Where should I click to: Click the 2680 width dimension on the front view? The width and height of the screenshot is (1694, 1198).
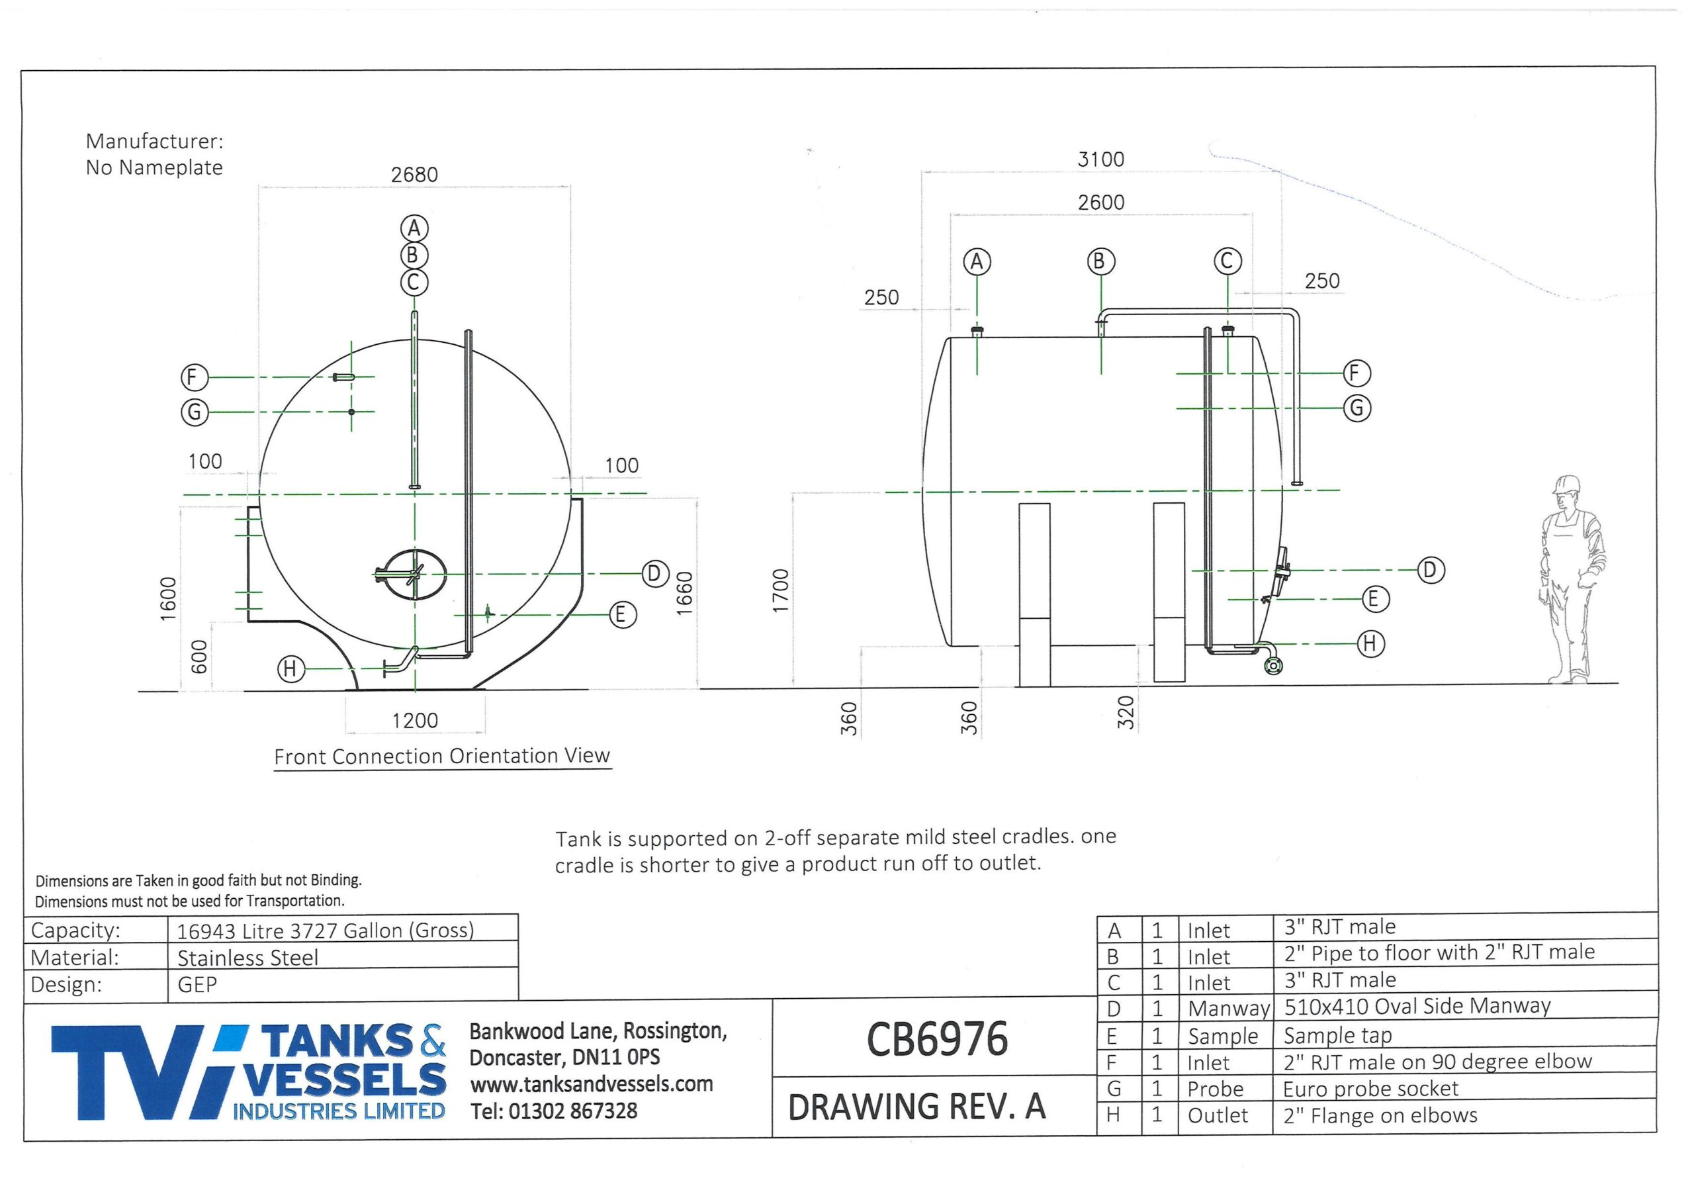(x=414, y=175)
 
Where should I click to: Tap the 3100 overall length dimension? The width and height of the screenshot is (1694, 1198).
(x=1101, y=160)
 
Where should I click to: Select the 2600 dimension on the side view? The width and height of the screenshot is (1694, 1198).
(x=1101, y=203)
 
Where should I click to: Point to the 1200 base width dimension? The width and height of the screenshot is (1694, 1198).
(x=415, y=720)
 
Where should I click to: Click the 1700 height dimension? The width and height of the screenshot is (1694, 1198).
(x=781, y=590)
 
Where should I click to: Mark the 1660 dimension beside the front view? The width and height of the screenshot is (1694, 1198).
(x=685, y=594)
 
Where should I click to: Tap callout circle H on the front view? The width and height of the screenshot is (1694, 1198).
(x=290, y=670)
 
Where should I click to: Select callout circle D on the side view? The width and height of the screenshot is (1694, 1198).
(x=1431, y=570)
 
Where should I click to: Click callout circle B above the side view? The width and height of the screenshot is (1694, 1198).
(x=1101, y=262)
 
